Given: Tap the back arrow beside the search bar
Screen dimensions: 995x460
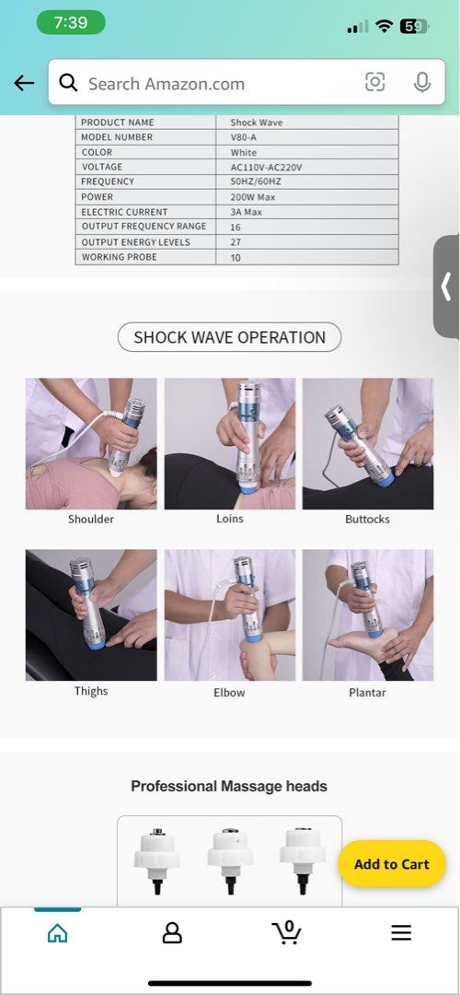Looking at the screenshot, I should coord(24,83).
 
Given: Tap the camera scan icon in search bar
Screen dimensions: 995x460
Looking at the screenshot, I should coord(375,83).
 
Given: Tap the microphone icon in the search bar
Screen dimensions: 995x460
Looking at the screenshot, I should coord(422,83).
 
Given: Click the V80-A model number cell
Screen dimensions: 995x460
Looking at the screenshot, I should coord(244,137).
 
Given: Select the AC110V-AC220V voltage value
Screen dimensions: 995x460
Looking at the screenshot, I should coord(266,168).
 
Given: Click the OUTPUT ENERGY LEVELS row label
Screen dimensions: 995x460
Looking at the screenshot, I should coord(136,242).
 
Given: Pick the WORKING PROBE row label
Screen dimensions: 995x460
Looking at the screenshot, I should coord(120,257).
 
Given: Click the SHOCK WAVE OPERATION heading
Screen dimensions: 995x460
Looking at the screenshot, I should coord(229,337).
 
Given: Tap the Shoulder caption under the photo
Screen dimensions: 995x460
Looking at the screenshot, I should coord(91,520).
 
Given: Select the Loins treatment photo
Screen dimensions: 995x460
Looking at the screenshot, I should coord(230,443).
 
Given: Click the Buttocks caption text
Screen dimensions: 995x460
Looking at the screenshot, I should coord(367,520).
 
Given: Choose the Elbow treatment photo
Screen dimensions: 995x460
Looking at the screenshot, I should coord(230,615).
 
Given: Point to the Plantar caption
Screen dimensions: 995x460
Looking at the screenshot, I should coord(367,692).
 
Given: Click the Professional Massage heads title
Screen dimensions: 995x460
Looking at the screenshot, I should coord(229,786).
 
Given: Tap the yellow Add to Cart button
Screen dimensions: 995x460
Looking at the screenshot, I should coord(391,864).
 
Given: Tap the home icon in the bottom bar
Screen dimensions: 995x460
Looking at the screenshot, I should coord(57,933).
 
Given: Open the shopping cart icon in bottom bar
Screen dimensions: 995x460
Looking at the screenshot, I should coord(287,932).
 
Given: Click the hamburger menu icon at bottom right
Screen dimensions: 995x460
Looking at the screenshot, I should coord(401,933).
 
